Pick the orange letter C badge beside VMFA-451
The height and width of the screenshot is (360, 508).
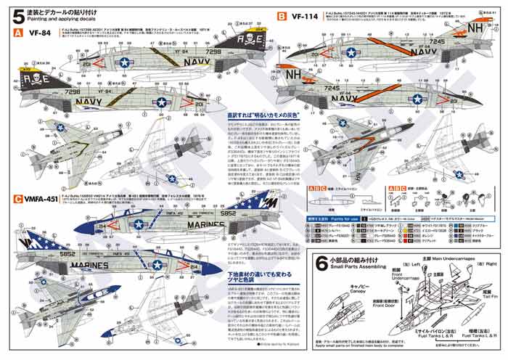pos(17,199)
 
